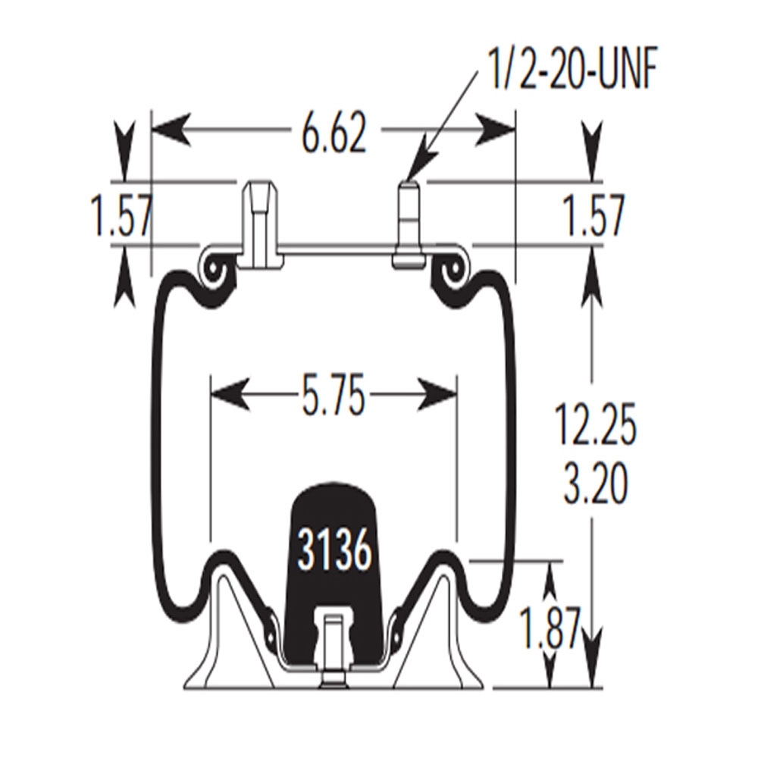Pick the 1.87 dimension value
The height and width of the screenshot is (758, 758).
[550, 628]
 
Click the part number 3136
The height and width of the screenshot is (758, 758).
[334, 550]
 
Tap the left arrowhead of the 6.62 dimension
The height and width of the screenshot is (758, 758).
[170, 130]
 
